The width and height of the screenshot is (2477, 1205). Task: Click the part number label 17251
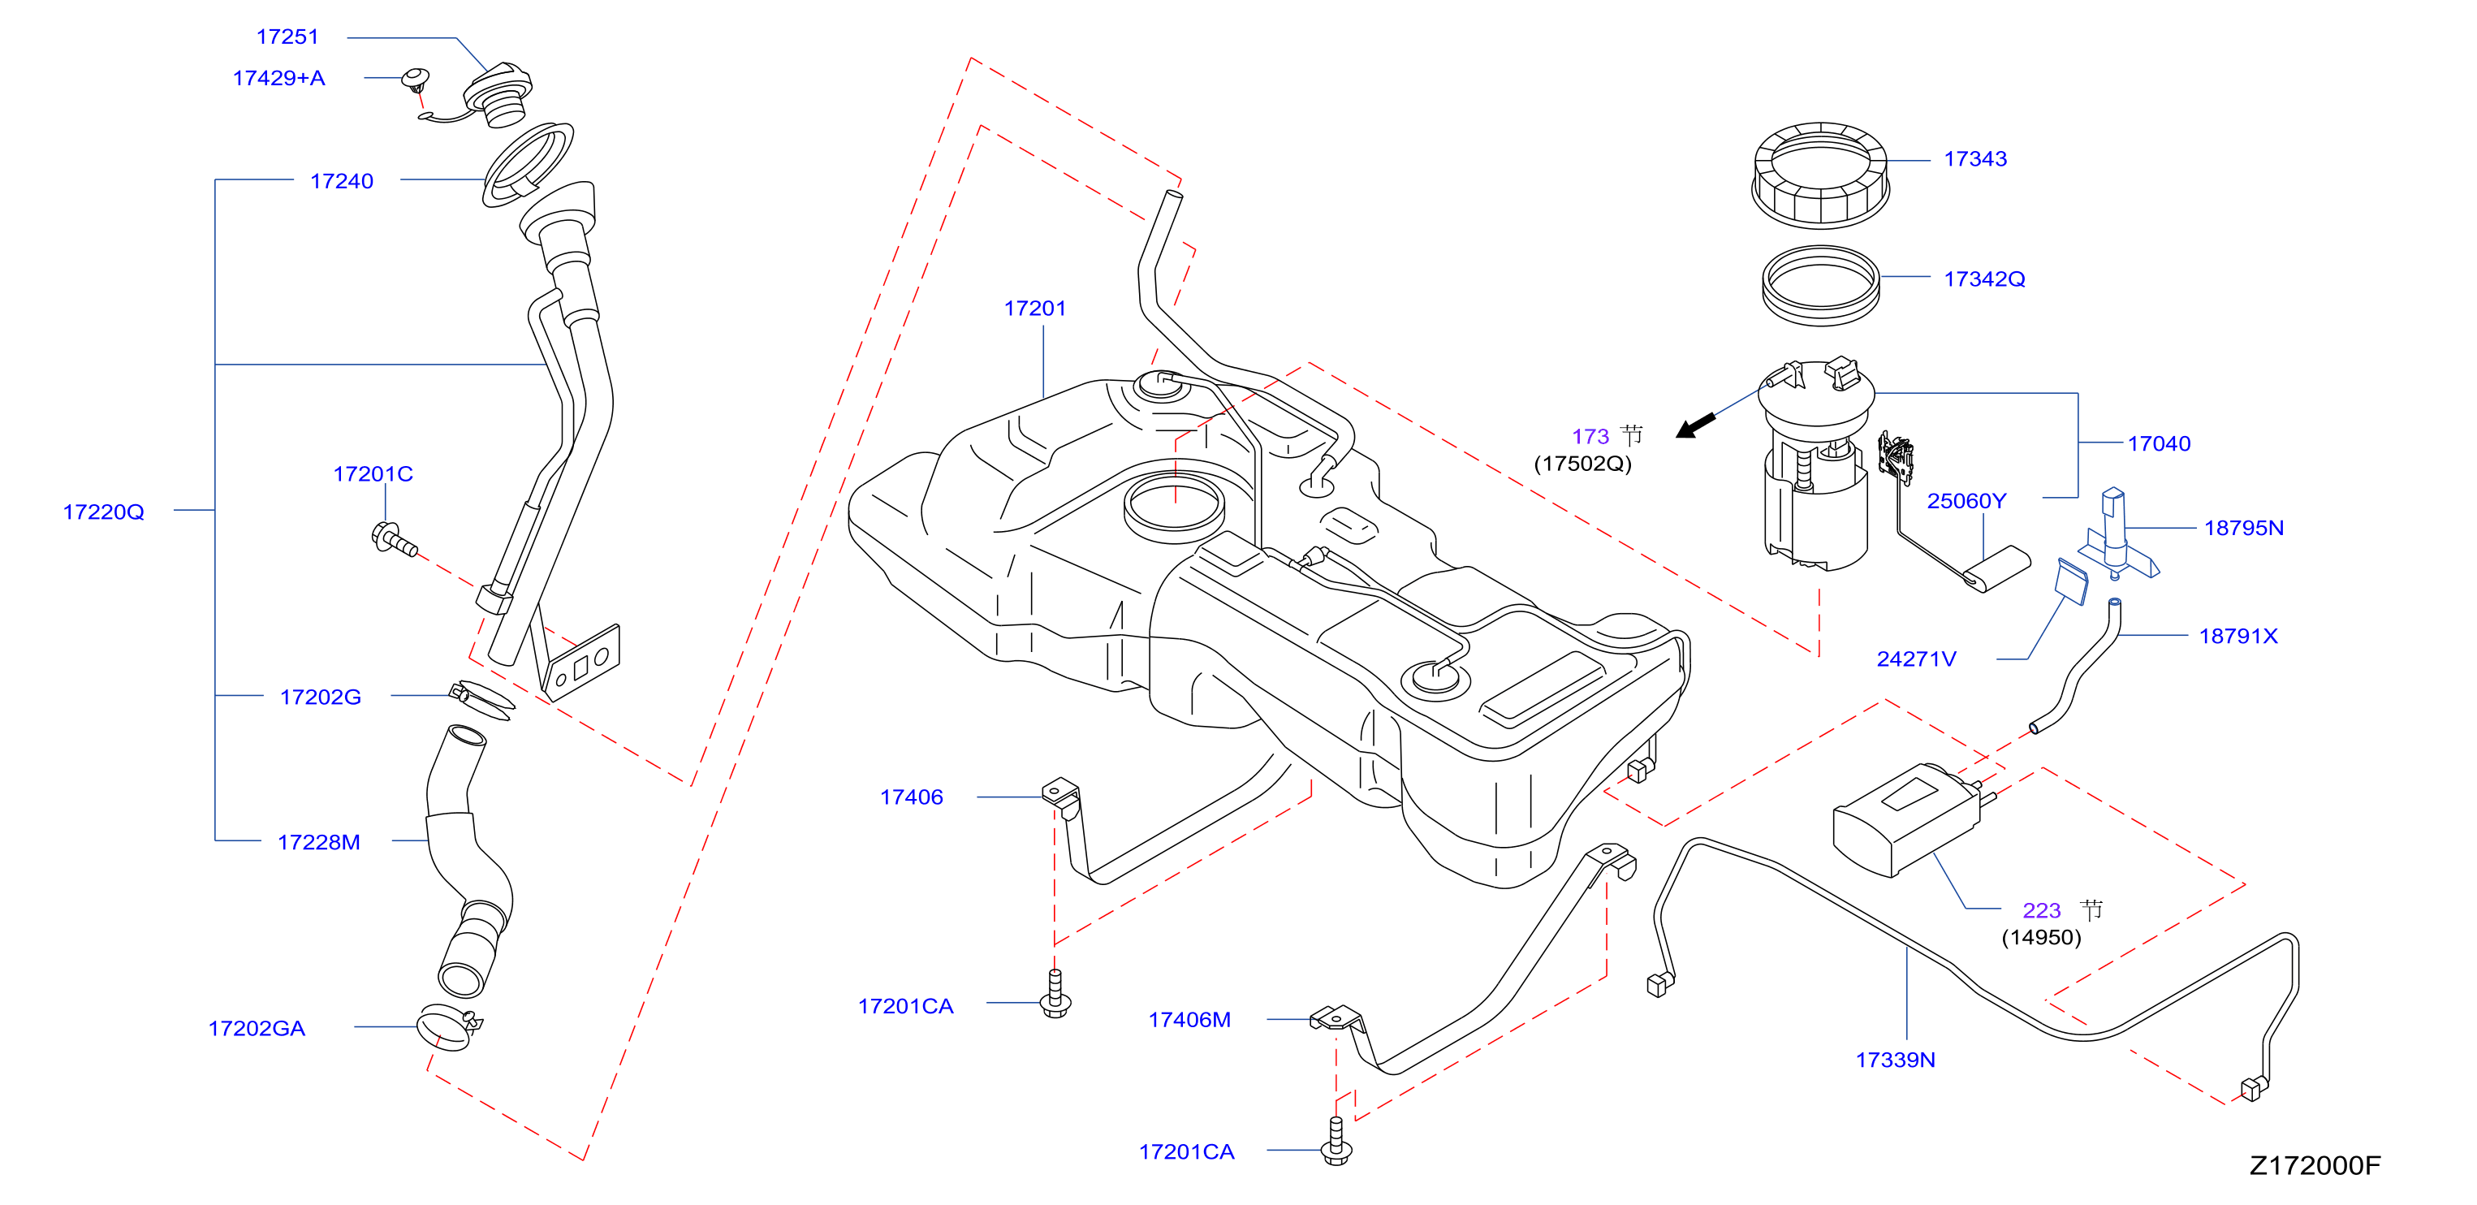[287, 37]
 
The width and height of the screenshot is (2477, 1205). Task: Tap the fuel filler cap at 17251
[497, 94]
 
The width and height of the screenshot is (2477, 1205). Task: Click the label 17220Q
[103, 512]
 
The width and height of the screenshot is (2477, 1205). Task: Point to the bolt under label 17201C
[393, 538]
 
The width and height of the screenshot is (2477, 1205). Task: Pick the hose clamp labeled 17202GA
[447, 1027]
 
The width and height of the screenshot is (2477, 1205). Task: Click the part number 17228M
[318, 842]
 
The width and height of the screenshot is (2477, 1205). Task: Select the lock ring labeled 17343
[1820, 175]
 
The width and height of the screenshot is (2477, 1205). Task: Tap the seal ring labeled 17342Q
[1820, 286]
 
